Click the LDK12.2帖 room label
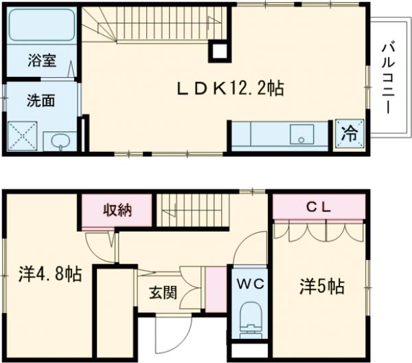pyautogui.click(x=231, y=89)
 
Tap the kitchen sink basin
pyautogui.click(x=301, y=133)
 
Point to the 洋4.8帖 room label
pyautogui.click(x=50, y=275)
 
